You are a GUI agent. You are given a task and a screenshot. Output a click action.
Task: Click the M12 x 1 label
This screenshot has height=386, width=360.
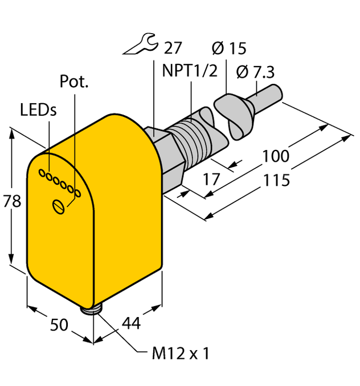181,354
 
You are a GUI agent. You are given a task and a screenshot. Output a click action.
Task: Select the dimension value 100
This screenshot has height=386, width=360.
276,155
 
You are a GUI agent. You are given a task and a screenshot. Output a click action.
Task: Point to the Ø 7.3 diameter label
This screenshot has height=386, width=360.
254,72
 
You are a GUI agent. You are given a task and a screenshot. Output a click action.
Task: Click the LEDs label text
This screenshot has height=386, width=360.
38,110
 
